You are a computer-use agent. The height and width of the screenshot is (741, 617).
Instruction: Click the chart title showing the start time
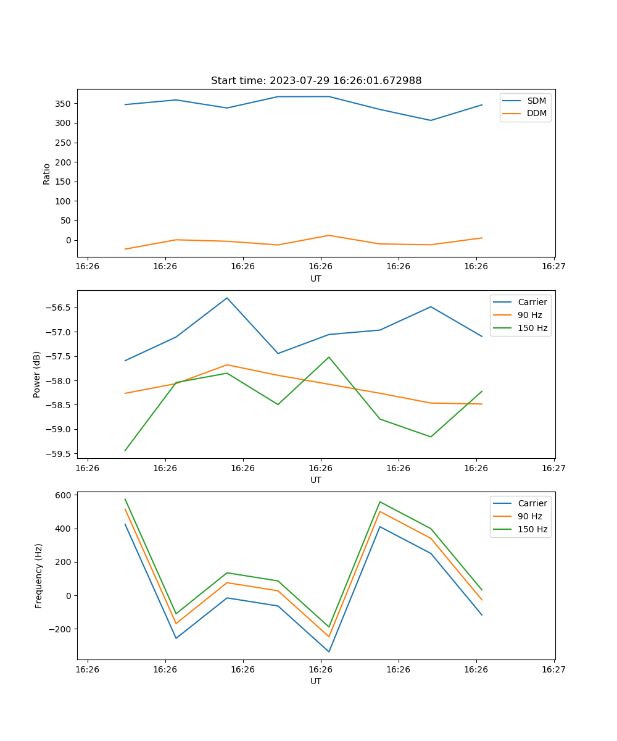tap(316, 81)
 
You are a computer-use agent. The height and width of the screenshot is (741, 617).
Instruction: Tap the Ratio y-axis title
tap(47, 174)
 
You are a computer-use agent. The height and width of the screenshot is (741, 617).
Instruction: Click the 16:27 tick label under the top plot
tap(553, 267)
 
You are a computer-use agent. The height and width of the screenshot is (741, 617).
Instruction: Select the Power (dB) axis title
tap(37, 374)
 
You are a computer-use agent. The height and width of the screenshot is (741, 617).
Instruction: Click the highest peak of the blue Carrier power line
tap(227, 298)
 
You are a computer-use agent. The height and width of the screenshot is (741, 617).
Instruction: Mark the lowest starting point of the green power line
tap(125, 450)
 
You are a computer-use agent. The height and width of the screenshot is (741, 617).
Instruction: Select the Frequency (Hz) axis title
tap(39, 576)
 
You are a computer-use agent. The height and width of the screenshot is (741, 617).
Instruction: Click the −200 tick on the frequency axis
tap(62, 629)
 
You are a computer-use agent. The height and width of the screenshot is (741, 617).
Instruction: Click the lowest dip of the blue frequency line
tap(329, 651)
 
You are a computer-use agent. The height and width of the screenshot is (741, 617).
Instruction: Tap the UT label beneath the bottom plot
tap(316, 681)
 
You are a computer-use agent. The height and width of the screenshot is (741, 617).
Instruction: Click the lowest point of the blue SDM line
tap(431, 120)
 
